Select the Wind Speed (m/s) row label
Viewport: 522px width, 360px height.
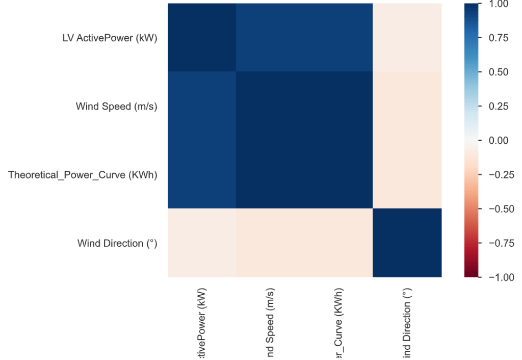pyautogui.click(x=117, y=107)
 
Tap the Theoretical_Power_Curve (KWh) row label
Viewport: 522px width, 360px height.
pyautogui.click(x=83, y=175)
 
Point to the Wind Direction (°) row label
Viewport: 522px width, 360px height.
pyautogui.click(x=117, y=243)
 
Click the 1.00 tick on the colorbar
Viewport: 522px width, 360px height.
pyautogui.click(x=498, y=4)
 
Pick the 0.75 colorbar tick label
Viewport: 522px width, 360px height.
pyautogui.click(x=498, y=38)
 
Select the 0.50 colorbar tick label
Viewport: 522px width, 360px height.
pyautogui.click(x=498, y=72)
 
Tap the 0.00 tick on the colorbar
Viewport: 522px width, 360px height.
pyautogui.click(x=498, y=140)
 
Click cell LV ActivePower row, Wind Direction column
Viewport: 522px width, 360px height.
pyautogui.click(x=407, y=38)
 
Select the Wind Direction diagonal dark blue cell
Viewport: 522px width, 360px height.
pyautogui.click(x=407, y=243)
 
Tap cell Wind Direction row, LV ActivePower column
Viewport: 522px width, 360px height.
pyautogui.click(x=202, y=243)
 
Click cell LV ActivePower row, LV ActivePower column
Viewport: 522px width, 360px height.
pyautogui.click(x=202, y=38)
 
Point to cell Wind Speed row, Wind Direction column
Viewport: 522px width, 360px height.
pyautogui.click(x=407, y=106)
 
